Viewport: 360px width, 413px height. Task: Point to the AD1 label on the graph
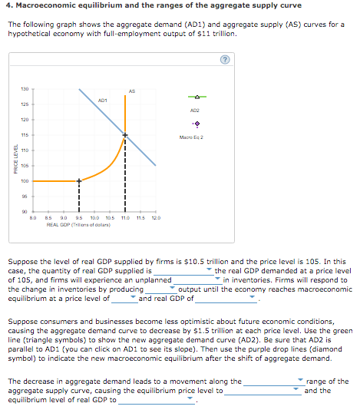[x=102, y=101]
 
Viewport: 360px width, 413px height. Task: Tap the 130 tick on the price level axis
[x=24, y=88]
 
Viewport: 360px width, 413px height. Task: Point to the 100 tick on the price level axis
[x=24, y=181]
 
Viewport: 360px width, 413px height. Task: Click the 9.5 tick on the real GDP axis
[x=79, y=219]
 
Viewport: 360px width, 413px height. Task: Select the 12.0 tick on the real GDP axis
[x=156, y=219]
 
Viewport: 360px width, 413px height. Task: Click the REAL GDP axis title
[x=81, y=225]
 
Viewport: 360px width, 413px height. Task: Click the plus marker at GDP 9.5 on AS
[x=78, y=181]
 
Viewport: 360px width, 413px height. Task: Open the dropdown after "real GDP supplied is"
[x=184, y=270]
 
